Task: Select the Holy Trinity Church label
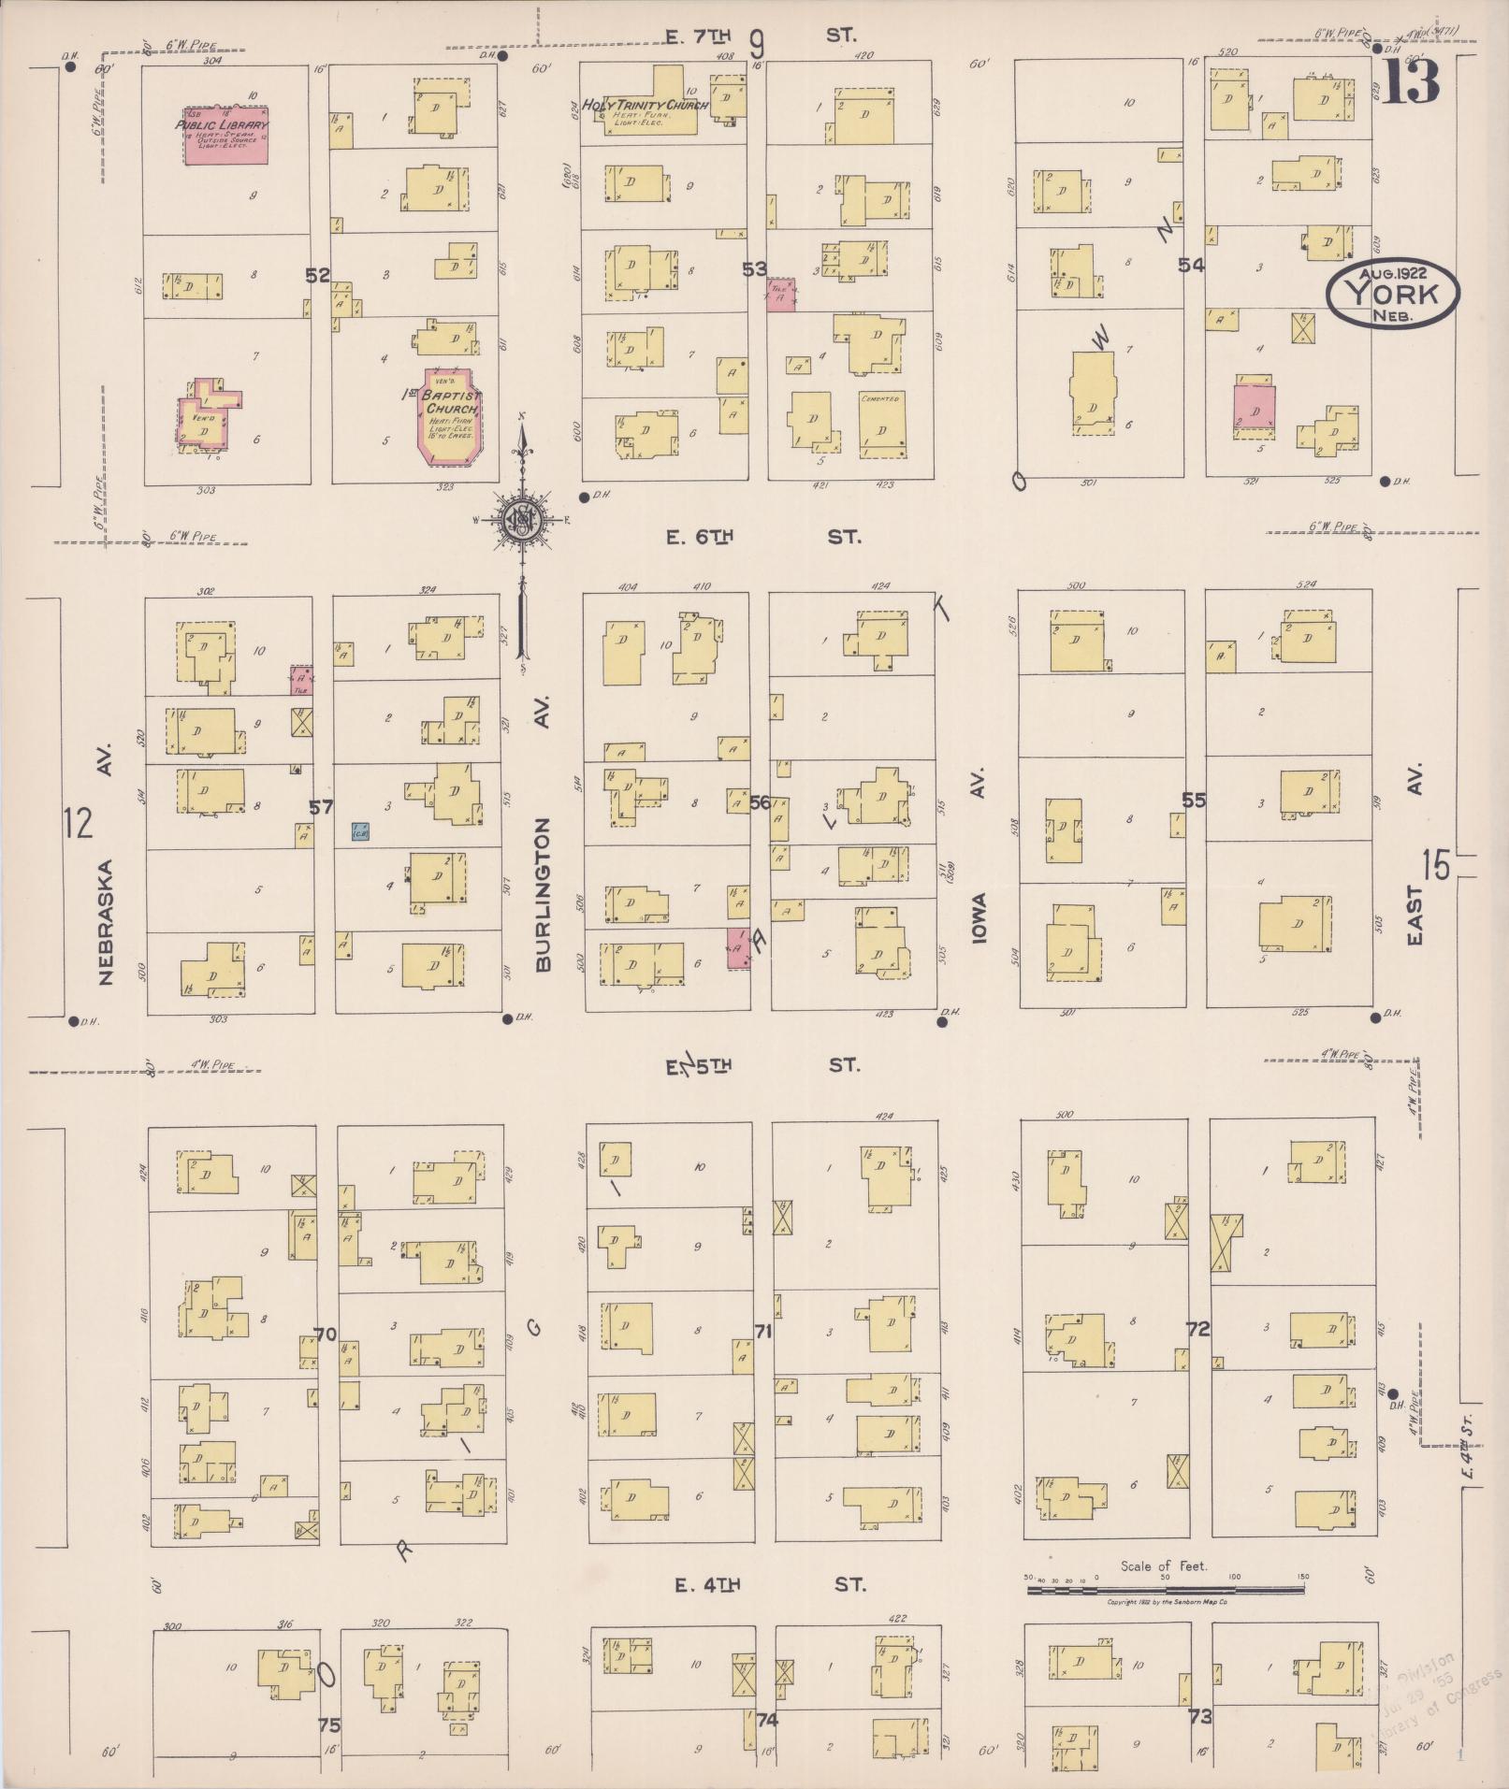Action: pyautogui.click(x=644, y=106)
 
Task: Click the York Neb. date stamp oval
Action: pyautogui.click(x=1392, y=294)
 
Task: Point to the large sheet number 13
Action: pyautogui.click(x=1411, y=81)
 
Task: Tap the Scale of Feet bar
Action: pyautogui.click(x=1165, y=1589)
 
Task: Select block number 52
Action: pyautogui.click(x=318, y=275)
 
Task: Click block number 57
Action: pyautogui.click(x=321, y=806)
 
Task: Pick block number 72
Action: pyautogui.click(x=1197, y=1329)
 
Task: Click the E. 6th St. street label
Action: pyautogui.click(x=762, y=537)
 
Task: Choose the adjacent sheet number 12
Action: pyautogui.click(x=80, y=825)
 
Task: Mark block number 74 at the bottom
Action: pyautogui.click(x=767, y=1719)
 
